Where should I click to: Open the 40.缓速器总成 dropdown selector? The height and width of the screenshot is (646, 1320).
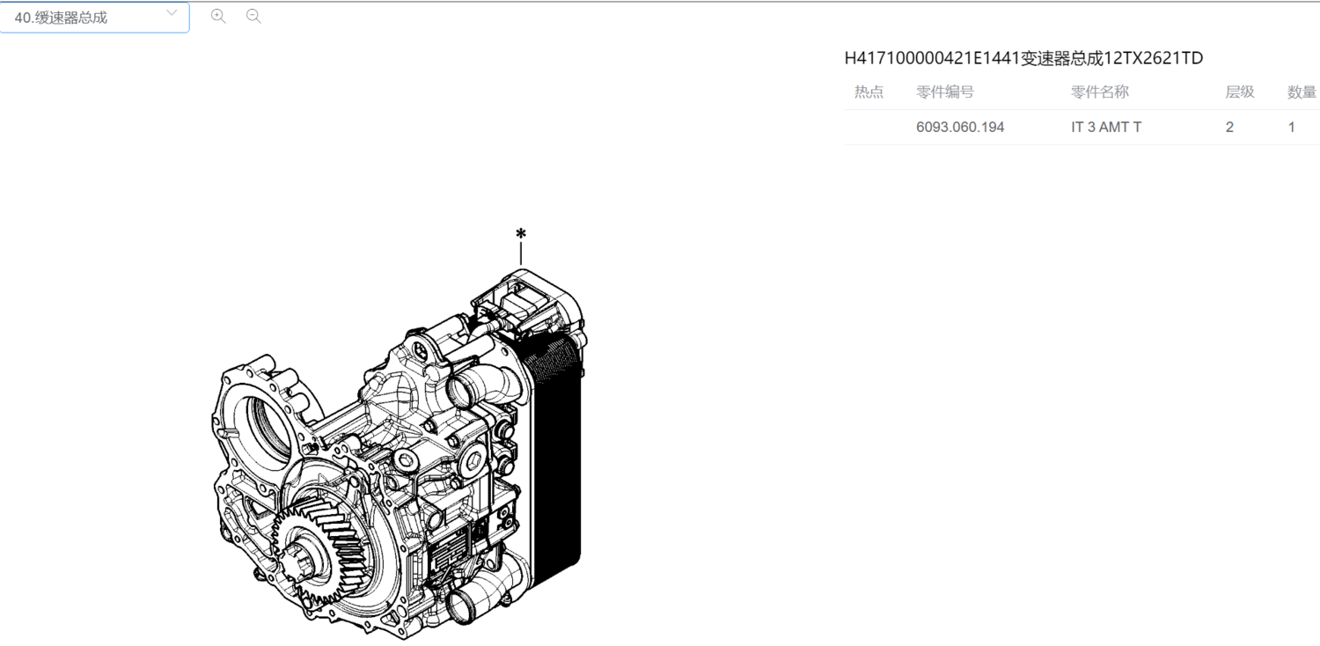point(94,17)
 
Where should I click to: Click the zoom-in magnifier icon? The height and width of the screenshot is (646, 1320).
point(218,17)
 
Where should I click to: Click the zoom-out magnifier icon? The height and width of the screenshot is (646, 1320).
point(253,17)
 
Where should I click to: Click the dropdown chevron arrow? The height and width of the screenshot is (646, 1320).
point(172,12)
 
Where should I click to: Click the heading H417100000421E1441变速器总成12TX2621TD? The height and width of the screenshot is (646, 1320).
point(1023,58)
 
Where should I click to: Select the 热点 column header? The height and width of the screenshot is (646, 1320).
point(869,92)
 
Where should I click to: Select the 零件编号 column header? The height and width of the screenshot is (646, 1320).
point(945,92)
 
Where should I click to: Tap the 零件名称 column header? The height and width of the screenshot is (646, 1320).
point(1100,92)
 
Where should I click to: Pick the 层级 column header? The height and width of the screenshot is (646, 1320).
point(1240,92)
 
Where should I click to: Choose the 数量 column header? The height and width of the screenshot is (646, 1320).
point(1302,92)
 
